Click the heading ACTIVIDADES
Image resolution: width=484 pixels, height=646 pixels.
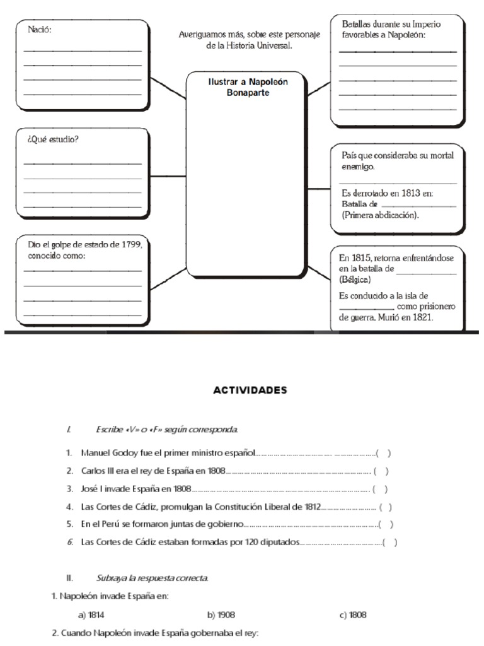click(250, 390)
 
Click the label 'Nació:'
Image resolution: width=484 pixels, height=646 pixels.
click(39, 29)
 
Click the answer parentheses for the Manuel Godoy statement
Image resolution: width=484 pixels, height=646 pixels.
click(383, 453)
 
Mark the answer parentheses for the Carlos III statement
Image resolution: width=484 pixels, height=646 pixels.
click(381, 471)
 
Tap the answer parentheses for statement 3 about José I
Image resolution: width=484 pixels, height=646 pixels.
click(380, 488)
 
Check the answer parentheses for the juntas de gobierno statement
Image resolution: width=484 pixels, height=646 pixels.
click(386, 524)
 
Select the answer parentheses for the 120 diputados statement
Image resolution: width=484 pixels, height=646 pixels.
click(390, 542)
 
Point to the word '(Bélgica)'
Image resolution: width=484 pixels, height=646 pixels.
click(355, 279)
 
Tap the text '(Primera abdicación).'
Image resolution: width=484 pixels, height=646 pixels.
click(380, 214)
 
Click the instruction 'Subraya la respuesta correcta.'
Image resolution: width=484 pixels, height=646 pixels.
click(153, 578)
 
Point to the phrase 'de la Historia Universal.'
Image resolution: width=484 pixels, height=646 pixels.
click(250, 46)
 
